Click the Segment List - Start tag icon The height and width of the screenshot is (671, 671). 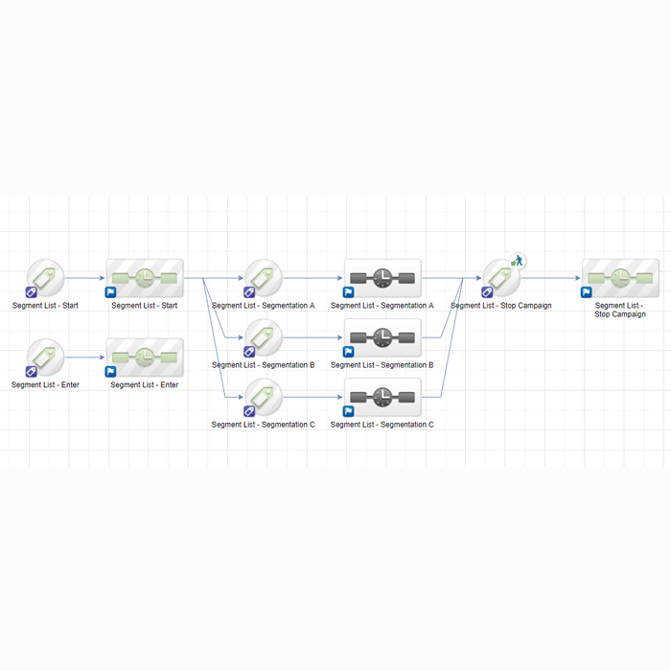(45, 278)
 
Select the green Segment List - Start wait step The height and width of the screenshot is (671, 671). (145, 278)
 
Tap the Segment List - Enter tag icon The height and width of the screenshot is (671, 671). (45, 358)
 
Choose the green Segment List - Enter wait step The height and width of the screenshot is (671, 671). (145, 358)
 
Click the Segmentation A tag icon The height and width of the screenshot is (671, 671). (264, 278)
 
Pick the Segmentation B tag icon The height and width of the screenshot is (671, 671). (264, 337)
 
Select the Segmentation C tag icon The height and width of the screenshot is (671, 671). (264, 397)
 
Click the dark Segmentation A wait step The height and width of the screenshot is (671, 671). (382, 278)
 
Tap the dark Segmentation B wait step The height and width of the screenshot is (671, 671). (382, 337)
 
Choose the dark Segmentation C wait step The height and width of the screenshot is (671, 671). (382, 397)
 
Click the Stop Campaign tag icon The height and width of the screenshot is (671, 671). (501, 278)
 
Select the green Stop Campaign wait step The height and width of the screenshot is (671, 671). (620, 278)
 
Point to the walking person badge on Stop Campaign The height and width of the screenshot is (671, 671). (518, 261)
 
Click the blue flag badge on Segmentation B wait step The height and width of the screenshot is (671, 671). (348, 352)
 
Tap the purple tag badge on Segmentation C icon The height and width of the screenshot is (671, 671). (249, 411)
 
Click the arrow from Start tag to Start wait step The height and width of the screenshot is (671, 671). (84, 278)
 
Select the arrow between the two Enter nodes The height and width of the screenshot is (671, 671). (84, 358)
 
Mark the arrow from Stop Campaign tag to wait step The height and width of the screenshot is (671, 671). (551, 278)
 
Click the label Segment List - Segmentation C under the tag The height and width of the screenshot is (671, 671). (264, 425)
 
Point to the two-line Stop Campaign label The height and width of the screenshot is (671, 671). (620, 310)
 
